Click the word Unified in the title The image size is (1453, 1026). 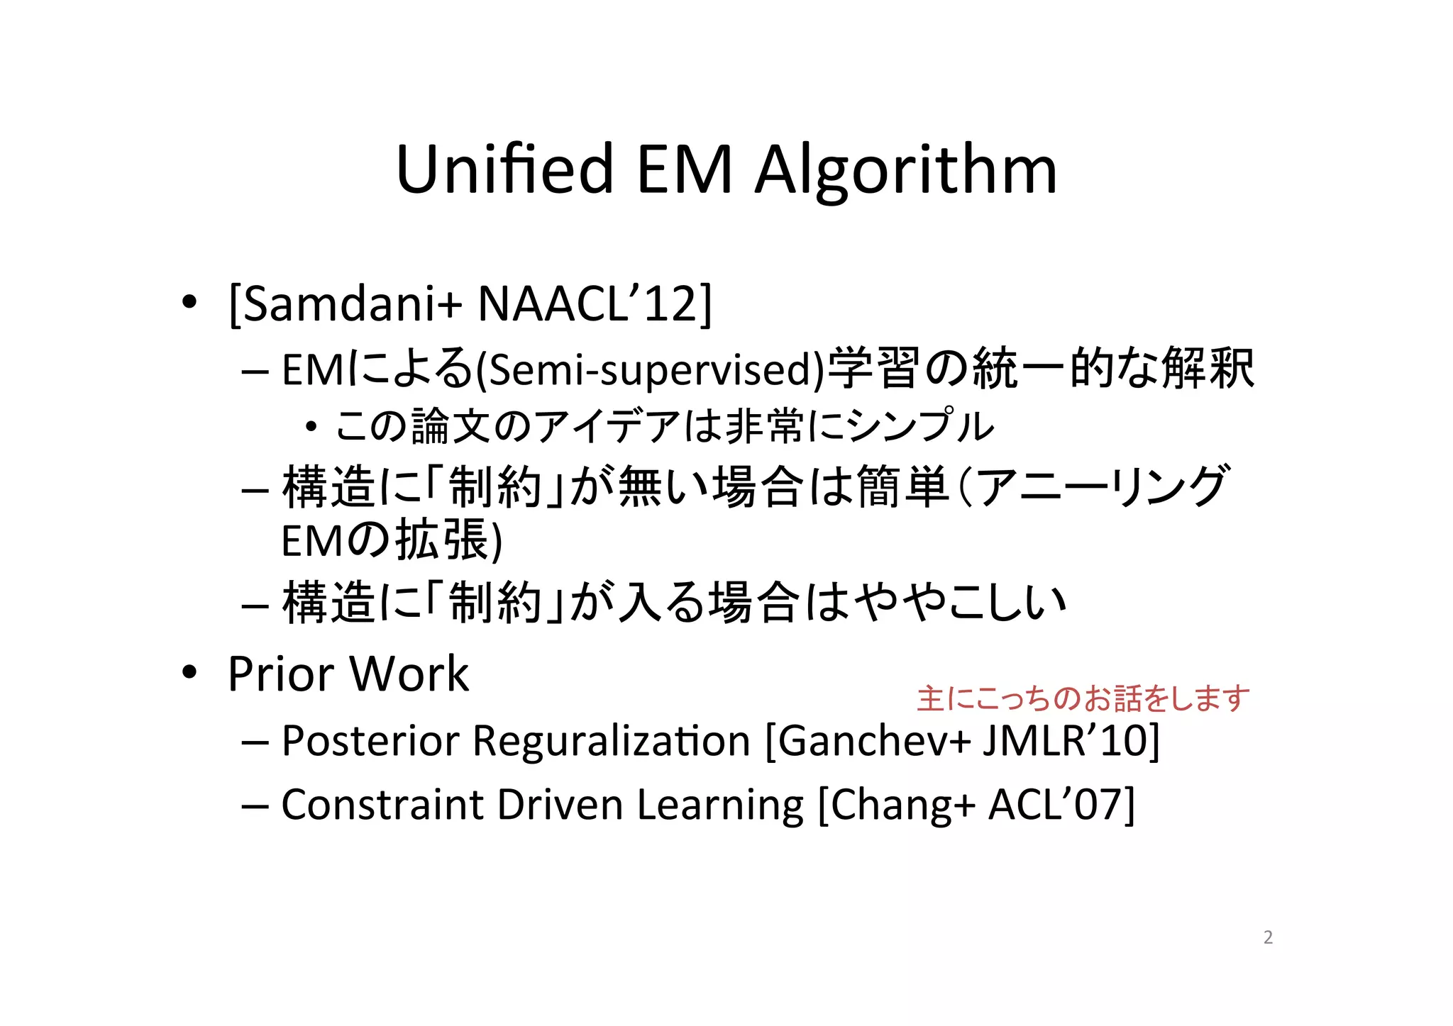[504, 170]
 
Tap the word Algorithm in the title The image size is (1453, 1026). [905, 172]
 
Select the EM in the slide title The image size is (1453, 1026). [684, 170]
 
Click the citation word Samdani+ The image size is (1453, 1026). [346, 304]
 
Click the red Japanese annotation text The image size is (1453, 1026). [1083, 698]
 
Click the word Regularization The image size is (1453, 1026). [611, 741]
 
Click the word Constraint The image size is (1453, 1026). [382, 805]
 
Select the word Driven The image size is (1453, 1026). [560, 805]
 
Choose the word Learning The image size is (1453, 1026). [720, 806]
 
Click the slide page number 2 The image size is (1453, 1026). [1268, 937]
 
